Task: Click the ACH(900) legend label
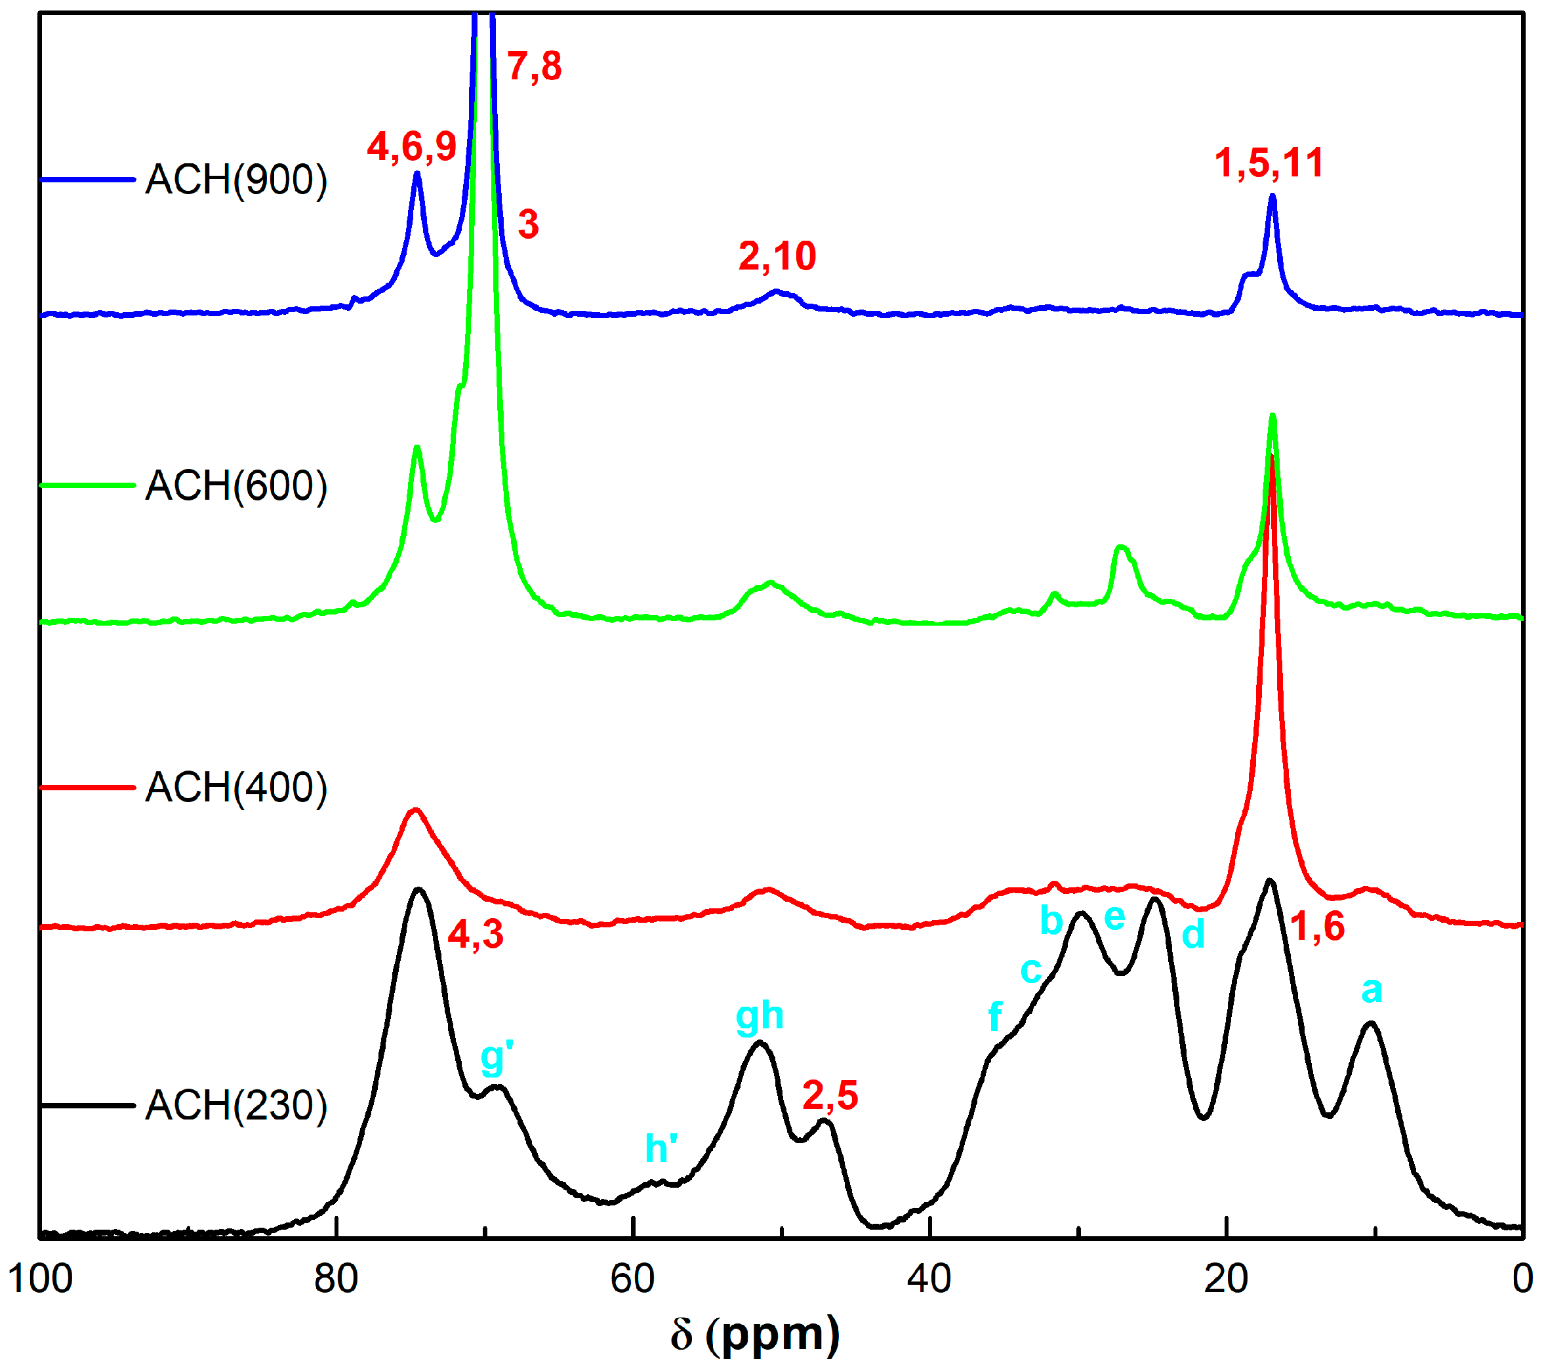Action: click(x=236, y=180)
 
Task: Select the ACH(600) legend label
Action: click(x=236, y=485)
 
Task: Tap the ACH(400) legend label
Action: click(x=236, y=788)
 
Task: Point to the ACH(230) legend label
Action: click(x=236, y=1106)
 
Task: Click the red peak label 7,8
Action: click(x=534, y=66)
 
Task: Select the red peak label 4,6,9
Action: click(x=411, y=146)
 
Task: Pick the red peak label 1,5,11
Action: click(x=1269, y=163)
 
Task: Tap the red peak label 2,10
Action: click(x=777, y=256)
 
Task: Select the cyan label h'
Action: click(x=661, y=1148)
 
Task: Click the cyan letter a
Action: click(x=1372, y=990)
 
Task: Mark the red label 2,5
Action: click(x=830, y=1096)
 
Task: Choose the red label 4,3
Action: click(x=475, y=935)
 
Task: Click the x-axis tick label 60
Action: click(x=632, y=1279)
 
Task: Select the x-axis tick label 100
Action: click(x=40, y=1279)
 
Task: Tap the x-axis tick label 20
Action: click(x=1226, y=1279)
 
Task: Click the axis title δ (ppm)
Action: click(x=755, y=1335)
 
